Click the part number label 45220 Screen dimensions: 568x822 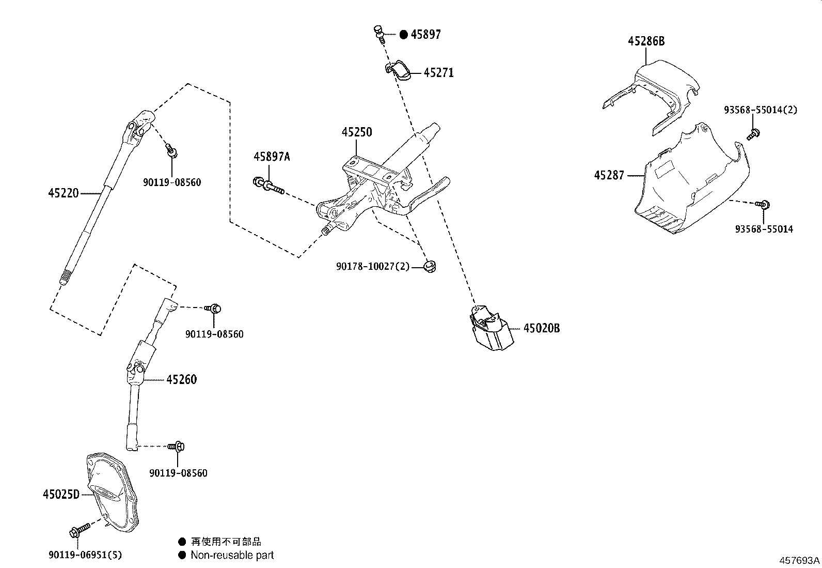(63, 193)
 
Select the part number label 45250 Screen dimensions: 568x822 (356, 132)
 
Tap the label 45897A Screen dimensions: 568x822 (272, 157)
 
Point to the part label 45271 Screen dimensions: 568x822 (438, 73)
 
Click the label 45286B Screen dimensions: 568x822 (646, 41)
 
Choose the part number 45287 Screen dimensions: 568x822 (609, 175)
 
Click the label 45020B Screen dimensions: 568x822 (541, 328)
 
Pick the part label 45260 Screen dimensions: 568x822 (181, 380)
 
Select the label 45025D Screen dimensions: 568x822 (61, 495)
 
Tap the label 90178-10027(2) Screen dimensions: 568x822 (372, 267)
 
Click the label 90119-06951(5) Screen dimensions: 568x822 (85, 555)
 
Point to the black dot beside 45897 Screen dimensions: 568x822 (404, 35)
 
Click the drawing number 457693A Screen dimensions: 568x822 (799, 560)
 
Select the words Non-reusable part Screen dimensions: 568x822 (232, 556)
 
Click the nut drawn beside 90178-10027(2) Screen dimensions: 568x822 (429, 267)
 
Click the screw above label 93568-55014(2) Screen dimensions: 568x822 (752, 134)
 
